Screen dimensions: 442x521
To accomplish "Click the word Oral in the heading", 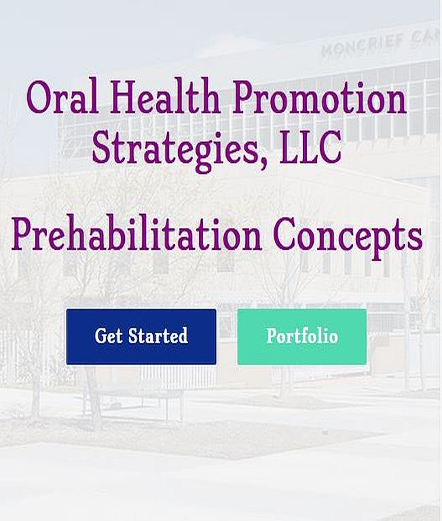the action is (x=62, y=97).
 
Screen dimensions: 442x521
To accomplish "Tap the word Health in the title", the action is (x=165, y=97).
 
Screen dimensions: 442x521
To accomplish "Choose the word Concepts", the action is (x=349, y=237).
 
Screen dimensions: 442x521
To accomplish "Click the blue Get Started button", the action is (x=141, y=336).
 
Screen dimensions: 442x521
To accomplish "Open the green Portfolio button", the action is (x=302, y=336).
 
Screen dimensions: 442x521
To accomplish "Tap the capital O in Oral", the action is (x=39, y=98).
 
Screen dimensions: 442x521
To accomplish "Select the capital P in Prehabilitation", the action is (x=24, y=234).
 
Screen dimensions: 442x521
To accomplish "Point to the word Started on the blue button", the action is (x=158, y=336).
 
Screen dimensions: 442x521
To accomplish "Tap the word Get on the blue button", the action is (x=109, y=336).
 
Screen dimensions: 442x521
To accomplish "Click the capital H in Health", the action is (x=125, y=98).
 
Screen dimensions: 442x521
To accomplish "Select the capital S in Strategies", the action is (x=101, y=147).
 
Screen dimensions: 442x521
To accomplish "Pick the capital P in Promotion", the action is (x=245, y=98).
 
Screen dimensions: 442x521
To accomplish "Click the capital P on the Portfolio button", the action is (x=272, y=336).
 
